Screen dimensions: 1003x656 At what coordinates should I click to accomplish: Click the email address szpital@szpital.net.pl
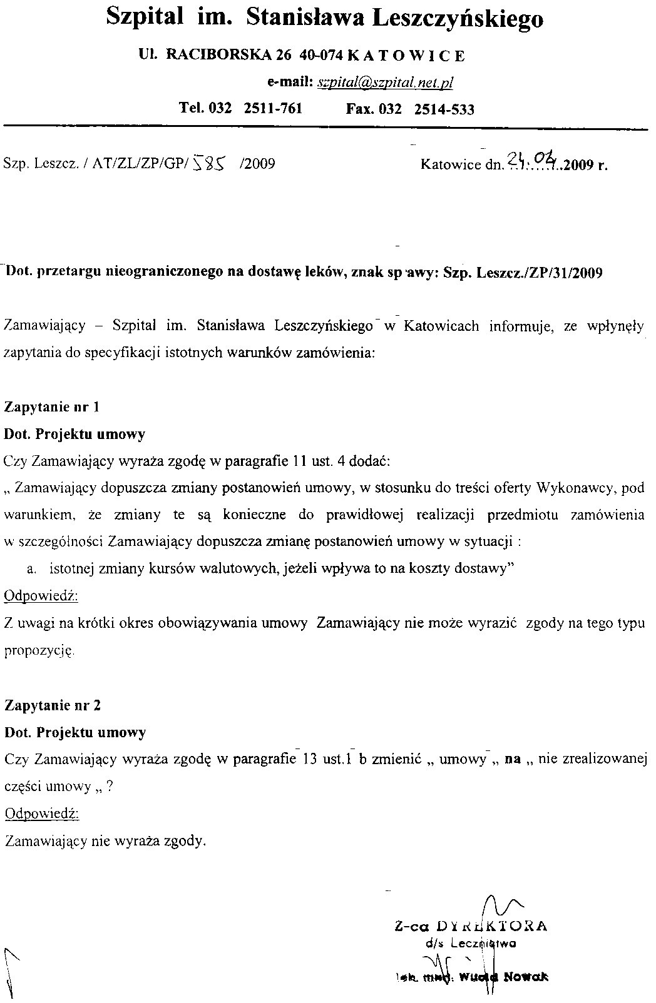[385, 83]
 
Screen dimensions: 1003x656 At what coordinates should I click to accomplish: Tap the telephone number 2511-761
[272, 108]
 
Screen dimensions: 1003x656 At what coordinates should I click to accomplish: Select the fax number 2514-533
[444, 109]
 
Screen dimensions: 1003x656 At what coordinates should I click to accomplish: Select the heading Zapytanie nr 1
[52, 407]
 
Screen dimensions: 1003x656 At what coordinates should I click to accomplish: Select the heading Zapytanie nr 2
[53, 705]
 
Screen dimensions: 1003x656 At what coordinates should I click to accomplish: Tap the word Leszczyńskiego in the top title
[458, 18]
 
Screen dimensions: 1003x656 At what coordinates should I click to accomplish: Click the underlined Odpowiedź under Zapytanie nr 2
[41, 814]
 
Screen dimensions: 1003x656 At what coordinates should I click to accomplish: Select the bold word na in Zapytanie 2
[513, 760]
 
